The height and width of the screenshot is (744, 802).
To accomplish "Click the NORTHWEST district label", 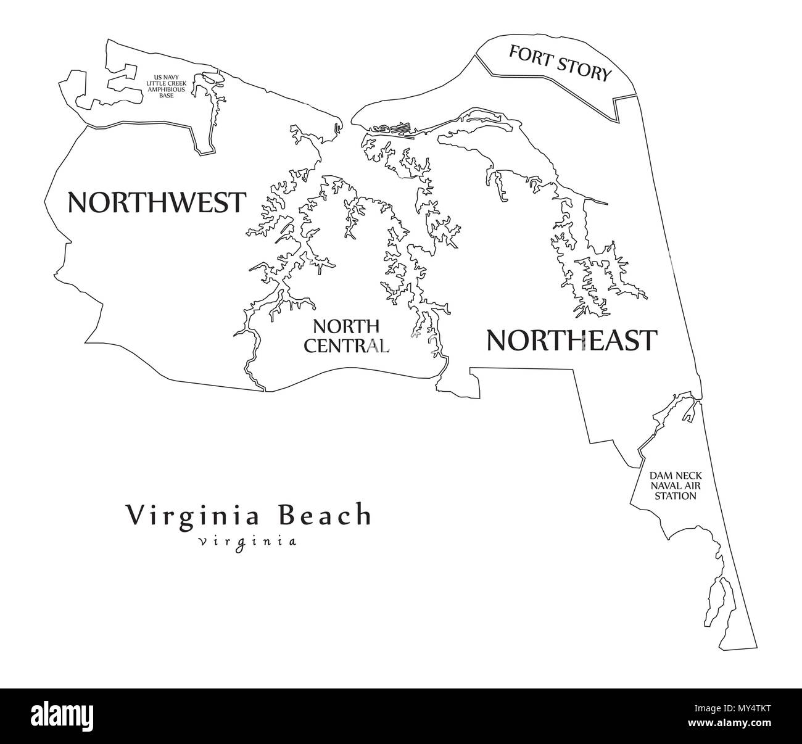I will [x=156, y=202].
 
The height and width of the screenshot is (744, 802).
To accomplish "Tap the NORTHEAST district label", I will [x=571, y=340].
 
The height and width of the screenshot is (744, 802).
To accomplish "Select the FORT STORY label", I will [x=559, y=63].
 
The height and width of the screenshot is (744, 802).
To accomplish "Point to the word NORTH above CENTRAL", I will [x=345, y=325].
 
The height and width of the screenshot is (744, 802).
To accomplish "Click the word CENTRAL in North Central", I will [x=347, y=345].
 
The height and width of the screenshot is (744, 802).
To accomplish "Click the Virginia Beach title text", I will [x=249, y=515].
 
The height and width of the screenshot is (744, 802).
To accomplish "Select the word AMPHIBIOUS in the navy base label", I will [x=165, y=89].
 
